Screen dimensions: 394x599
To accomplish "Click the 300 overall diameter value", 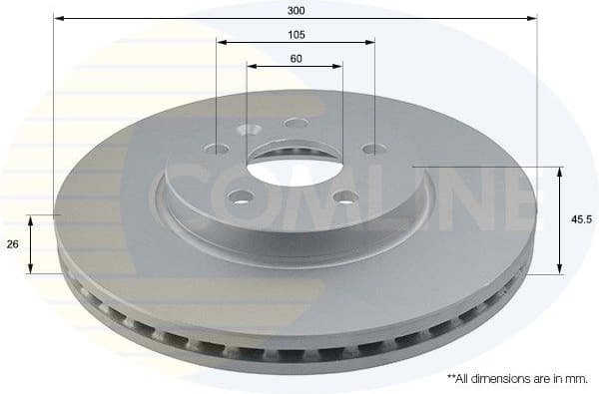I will pyautogui.click(x=296, y=10).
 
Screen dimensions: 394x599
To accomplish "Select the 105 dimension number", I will pyautogui.click(x=296, y=34).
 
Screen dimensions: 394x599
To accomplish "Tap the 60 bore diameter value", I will pyautogui.click(x=296, y=58).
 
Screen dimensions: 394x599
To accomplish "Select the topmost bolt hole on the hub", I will pyautogui.click(x=296, y=123).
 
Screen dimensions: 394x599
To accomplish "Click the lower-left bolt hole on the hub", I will pyautogui.click(x=240, y=196).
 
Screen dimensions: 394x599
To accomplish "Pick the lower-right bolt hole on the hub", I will pyautogui.click(x=345, y=196).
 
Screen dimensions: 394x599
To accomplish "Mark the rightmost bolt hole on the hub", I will pyautogui.click(x=371, y=150).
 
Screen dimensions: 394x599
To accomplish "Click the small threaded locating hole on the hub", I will pyautogui.click(x=249, y=130).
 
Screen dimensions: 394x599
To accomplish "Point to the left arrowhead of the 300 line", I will pyautogui.click(x=59, y=18).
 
